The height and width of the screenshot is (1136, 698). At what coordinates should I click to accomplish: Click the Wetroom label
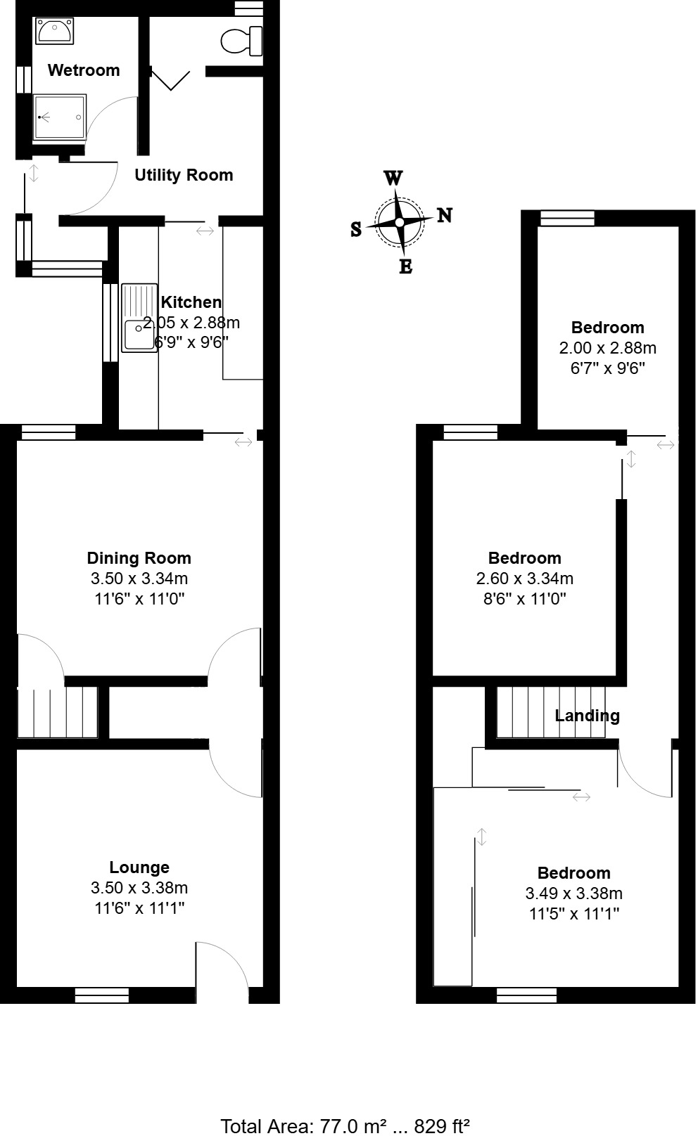84,70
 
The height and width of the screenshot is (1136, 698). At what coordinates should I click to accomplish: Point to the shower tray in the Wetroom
61,117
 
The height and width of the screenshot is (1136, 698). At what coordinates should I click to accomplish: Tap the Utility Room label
184,175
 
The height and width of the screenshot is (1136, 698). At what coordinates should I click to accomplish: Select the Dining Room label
139,558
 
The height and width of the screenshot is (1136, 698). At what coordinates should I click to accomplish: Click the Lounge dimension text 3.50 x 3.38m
139,888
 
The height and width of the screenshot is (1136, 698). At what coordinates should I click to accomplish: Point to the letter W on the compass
393,178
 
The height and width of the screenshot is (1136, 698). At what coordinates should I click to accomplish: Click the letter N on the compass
445,215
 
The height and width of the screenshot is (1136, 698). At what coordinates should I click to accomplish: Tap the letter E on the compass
405,266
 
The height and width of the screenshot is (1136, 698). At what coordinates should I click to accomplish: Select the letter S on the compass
356,229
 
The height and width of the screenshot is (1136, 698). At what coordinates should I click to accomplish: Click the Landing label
587,716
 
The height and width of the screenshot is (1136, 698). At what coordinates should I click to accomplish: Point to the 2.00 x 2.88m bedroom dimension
607,348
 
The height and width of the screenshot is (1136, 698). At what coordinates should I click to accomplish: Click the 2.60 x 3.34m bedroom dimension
524,579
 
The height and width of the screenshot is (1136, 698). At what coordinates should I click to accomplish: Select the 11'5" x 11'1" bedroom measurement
573,914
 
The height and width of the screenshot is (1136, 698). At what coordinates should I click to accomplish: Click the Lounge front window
102,995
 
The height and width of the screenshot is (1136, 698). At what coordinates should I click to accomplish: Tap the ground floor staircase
57,711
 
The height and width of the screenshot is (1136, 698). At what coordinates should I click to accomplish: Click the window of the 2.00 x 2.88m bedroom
567,219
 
